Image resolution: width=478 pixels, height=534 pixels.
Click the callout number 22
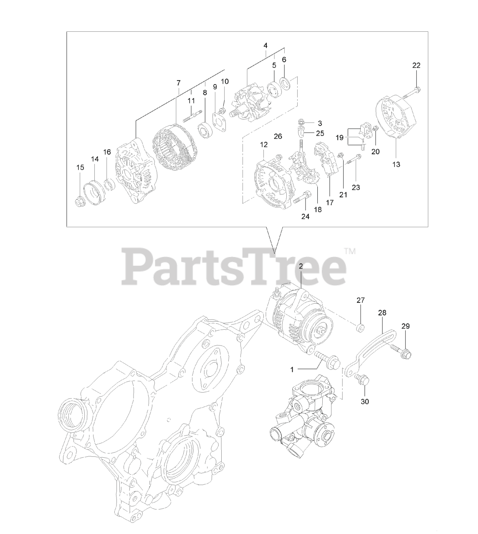pos(416,65)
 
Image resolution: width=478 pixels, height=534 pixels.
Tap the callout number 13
pos(396,164)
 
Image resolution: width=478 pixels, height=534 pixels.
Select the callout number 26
pos(278,136)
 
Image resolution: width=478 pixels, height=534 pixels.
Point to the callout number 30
pos(364,402)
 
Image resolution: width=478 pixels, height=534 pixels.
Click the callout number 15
pos(80,167)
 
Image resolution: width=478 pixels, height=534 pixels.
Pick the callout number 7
pos(178,83)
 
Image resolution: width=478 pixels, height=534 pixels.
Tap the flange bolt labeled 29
pos(401,352)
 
